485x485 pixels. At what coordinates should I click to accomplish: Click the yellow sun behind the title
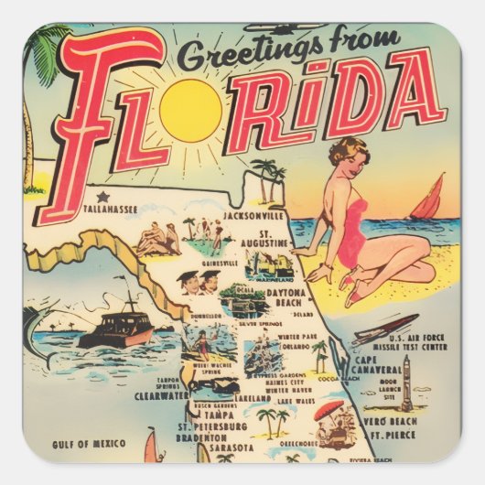pyautogui.click(x=190, y=110)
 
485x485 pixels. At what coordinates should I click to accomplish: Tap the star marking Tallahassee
pyautogui.click(x=99, y=196)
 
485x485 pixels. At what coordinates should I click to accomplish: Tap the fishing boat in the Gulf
pyautogui.click(x=117, y=327)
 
